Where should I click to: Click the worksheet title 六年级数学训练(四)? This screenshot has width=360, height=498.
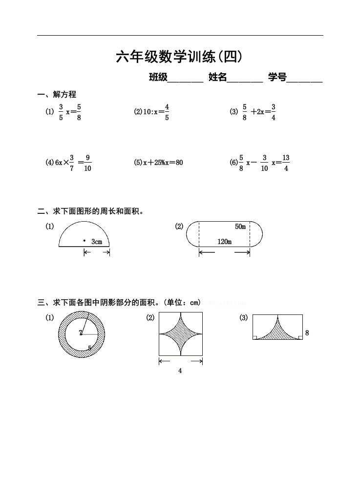pos(179,57)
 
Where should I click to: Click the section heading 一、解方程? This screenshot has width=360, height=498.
pos(57,95)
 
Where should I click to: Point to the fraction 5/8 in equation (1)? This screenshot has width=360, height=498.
pos(79,112)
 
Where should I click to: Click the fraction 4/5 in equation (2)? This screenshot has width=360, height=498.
pos(167,112)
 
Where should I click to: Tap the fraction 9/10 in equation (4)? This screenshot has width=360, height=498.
pos(87,163)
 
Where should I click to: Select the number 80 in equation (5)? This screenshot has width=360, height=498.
pos(179,163)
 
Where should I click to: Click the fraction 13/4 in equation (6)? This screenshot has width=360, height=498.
pos(286,163)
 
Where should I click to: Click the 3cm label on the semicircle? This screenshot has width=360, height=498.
pos(97,241)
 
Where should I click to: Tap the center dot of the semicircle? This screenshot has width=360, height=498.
pos(84,241)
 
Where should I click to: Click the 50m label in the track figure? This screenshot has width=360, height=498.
pos(240,227)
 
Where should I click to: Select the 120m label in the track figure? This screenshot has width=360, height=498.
pos(224,241)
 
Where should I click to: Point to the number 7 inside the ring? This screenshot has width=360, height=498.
pos(81,333)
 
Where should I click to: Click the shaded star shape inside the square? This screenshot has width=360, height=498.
pos(181,334)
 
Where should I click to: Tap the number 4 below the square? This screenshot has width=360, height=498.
pos(180,371)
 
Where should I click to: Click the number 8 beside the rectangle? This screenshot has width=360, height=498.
pos(307,333)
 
